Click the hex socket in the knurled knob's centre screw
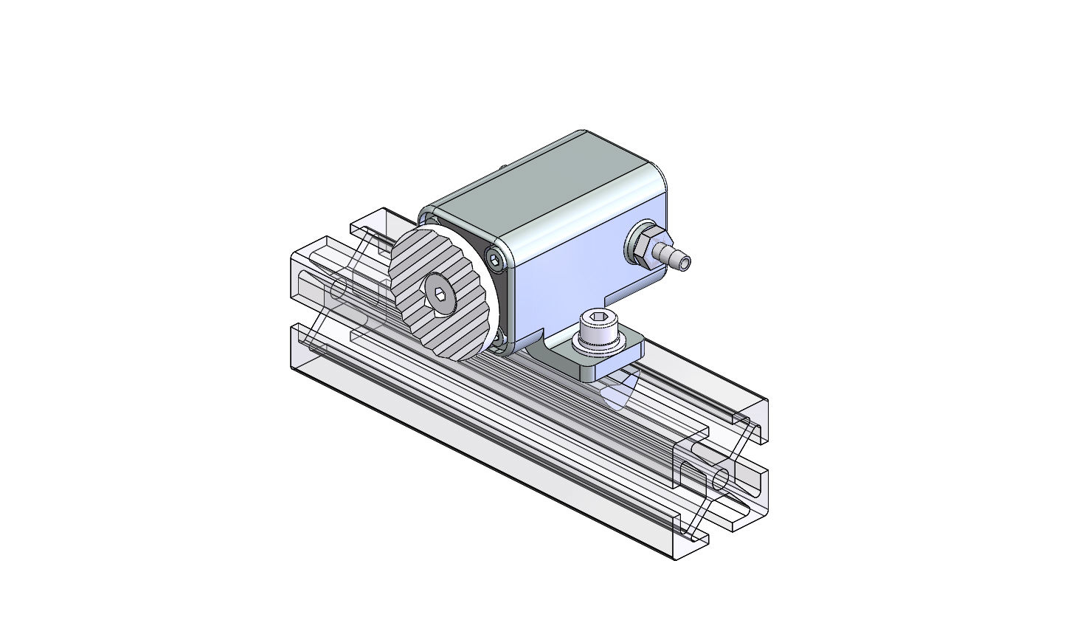pos(440,294)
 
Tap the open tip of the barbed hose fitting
pos(686,262)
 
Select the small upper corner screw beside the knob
pos(493,257)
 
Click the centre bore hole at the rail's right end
pos(721,478)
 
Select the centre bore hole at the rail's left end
pos(339,289)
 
